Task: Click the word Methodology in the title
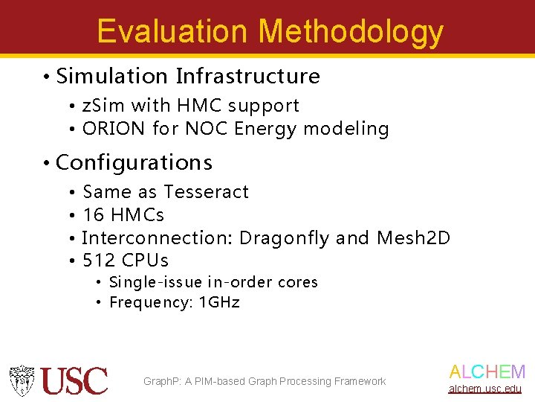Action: pyautogui.click(x=351, y=31)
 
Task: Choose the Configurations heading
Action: pyautogui.click(x=134, y=162)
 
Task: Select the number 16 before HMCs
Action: pyautogui.click(x=94, y=215)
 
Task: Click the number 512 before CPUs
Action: pyautogui.click(x=99, y=261)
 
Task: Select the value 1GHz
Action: pyautogui.click(x=220, y=302)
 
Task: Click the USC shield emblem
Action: pyautogui.click(x=22, y=380)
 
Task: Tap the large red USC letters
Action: pyautogui.click(x=74, y=380)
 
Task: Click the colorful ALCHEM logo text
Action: pyautogui.click(x=487, y=372)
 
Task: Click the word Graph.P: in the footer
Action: pyautogui.click(x=162, y=381)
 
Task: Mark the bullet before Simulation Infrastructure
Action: pyautogui.click(x=46, y=77)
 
